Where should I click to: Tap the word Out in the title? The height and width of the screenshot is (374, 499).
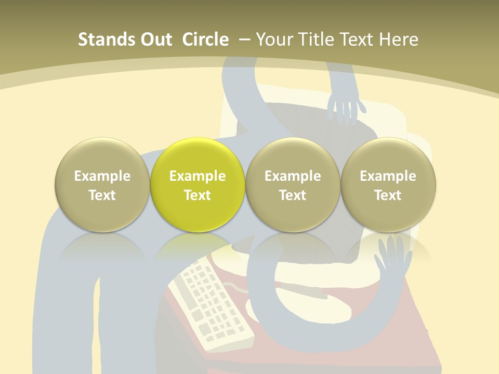[155, 39]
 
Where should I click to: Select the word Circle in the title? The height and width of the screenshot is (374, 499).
[205, 39]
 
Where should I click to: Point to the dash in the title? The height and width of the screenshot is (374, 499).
[244, 39]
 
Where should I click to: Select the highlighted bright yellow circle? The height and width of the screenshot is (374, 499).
[198, 184]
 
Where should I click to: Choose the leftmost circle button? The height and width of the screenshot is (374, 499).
[102, 184]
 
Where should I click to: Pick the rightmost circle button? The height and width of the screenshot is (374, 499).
[388, 184]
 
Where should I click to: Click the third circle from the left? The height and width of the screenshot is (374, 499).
[293, 184]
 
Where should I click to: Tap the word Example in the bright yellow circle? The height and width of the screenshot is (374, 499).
[198, 176]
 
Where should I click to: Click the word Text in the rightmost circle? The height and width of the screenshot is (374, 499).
[388, 195]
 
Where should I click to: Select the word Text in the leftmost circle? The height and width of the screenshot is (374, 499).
[102, 195]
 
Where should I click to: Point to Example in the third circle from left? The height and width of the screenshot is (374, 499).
[293, 176]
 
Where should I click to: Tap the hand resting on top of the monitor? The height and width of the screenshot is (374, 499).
[346, 106]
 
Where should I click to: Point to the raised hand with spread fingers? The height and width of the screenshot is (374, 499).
[393, 257]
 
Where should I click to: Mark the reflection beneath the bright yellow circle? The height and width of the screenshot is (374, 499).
[198, 247]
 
